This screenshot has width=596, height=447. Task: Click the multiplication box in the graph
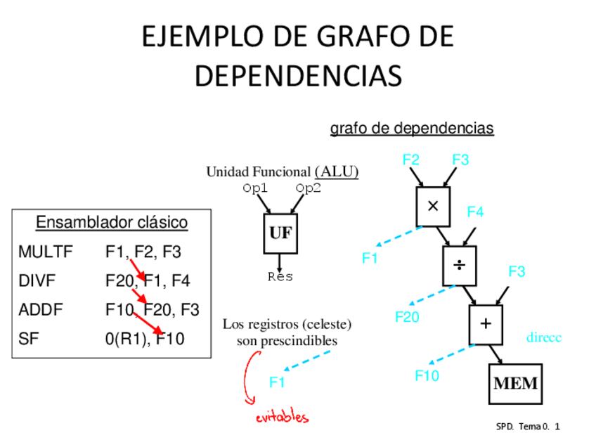point(433,207)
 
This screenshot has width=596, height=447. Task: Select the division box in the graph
point(459,265)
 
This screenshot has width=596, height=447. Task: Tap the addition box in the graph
point(486,324)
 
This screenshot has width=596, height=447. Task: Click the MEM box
point(515,384)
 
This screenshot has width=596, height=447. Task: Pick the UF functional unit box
point(280,233)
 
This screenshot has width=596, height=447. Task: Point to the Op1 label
point(255,188)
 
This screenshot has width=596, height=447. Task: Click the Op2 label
point(308,188)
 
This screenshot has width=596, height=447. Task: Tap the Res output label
point(280,277)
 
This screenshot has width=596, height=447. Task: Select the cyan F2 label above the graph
point(411,160)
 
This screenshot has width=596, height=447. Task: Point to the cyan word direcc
point(544,338)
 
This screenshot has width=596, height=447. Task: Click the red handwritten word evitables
point(282,417)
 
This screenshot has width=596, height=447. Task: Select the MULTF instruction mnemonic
point(46,252)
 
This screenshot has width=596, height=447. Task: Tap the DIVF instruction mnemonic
point(37,281)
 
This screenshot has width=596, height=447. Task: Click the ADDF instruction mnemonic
point(41,310)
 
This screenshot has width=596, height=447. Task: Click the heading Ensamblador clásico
point(112,223)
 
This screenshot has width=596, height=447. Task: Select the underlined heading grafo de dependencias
point(412,129)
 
